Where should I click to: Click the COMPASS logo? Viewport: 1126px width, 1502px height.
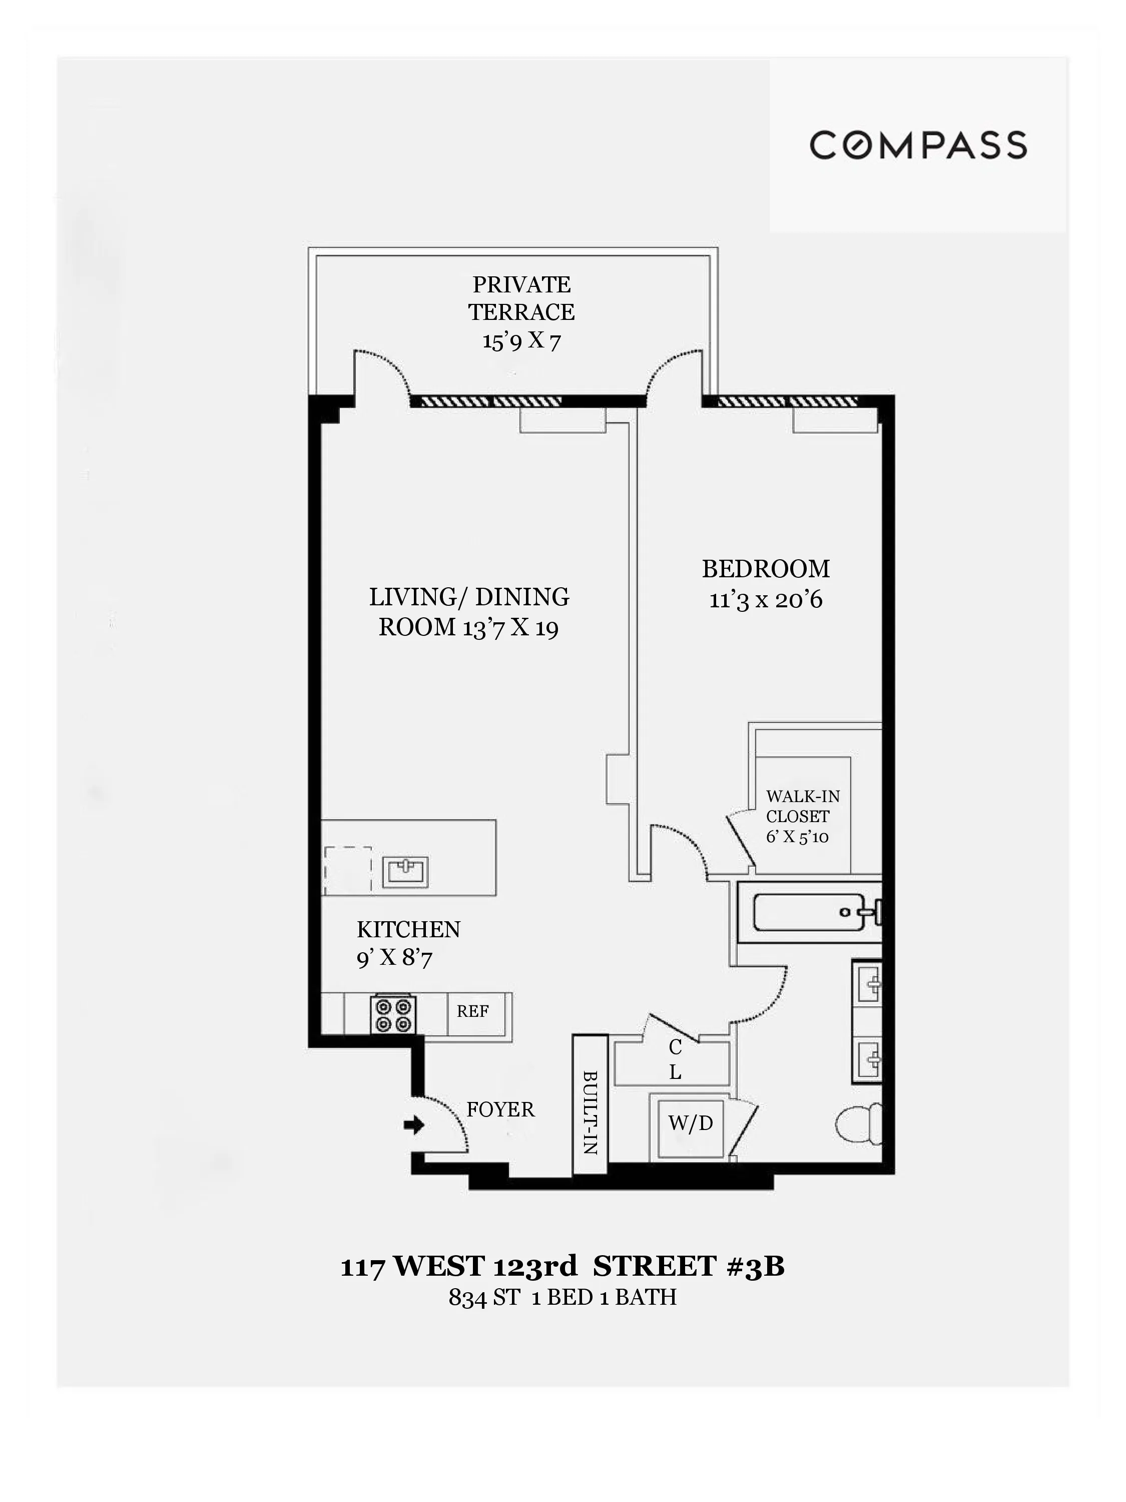click(918, 145)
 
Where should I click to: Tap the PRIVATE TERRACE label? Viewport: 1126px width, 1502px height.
click(521, 297)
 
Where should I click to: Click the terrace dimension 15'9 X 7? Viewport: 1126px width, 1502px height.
click(521, 339)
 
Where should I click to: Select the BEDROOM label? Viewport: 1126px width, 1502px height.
click(766, 568)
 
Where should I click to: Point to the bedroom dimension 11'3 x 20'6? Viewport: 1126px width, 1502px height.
click(766, 600)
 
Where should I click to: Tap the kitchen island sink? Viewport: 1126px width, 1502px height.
click(405, 872)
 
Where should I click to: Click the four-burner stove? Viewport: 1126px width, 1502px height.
click(393, 1014)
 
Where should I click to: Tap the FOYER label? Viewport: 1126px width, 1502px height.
click(500, 1109)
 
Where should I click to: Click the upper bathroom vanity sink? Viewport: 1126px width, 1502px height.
click(867, 982)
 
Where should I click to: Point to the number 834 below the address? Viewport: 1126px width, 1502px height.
click(467, 1298)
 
